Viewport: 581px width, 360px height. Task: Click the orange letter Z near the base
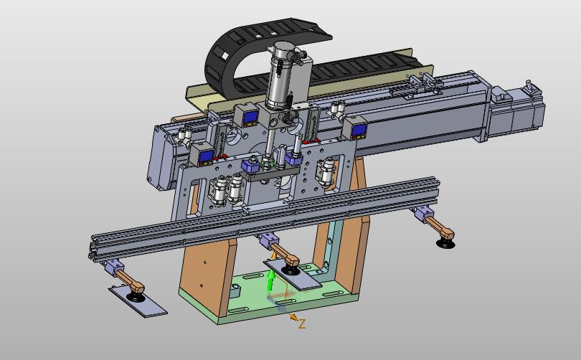click(302, 324)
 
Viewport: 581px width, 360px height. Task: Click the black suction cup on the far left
click(136, 297)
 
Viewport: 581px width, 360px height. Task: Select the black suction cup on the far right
click(445, 243)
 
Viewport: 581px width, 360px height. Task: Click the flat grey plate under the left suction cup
click(138, 301)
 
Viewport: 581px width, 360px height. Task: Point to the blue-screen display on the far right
click(358, 130)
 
